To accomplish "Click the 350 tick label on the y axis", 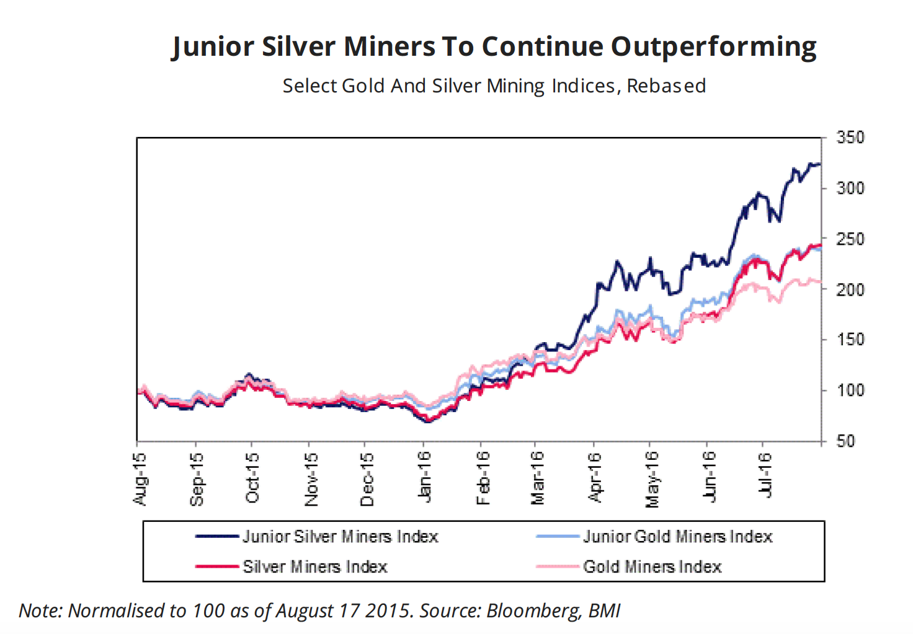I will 850,138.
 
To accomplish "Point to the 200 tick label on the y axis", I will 850,289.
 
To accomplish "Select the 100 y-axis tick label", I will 850,390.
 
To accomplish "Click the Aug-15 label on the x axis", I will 140,478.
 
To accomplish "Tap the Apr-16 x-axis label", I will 594,477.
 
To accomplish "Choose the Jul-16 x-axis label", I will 765,475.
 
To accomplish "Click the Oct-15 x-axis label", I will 252,478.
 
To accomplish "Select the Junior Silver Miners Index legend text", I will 340,537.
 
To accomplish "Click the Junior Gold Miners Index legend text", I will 677,537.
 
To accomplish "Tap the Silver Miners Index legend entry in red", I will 314,567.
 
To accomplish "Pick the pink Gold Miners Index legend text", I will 652,567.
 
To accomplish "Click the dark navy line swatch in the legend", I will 216,537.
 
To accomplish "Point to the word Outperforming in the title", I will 713,47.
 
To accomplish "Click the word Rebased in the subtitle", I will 666,86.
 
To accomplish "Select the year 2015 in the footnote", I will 388,611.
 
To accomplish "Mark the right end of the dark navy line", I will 820,164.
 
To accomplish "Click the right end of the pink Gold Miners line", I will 820,282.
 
